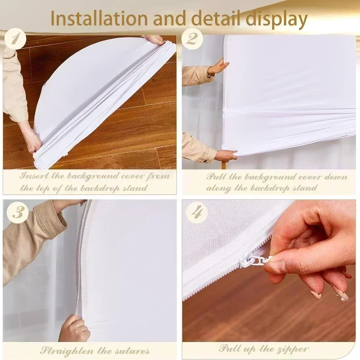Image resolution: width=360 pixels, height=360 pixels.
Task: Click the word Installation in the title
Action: pos(99,18)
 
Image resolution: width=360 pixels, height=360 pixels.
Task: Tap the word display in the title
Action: pos(277,19)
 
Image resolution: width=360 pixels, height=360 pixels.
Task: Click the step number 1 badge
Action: pos(15,39)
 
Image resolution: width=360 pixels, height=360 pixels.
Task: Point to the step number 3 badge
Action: pos(18,212)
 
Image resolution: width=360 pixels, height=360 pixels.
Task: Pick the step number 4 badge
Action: pos(197,212)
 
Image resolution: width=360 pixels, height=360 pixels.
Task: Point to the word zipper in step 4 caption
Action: pos(292,350)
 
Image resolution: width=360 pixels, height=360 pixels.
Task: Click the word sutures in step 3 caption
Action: pos(133,351)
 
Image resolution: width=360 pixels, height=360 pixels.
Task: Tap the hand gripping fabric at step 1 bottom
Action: pos(34,140)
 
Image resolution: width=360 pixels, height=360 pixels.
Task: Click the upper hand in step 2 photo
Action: pos(216,68)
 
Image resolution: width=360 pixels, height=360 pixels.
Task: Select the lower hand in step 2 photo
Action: pos(225,155)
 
